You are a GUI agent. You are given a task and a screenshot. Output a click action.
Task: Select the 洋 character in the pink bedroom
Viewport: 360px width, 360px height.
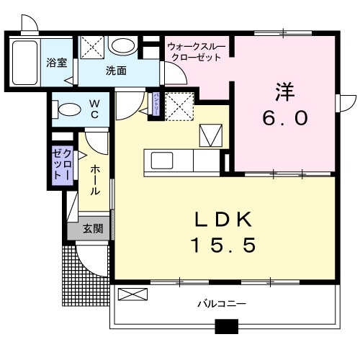pos(284,91)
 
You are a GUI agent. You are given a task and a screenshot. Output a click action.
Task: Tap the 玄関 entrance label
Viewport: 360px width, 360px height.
pos(92,229)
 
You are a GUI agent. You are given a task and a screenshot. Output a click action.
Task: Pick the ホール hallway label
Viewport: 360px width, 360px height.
pos(95,180)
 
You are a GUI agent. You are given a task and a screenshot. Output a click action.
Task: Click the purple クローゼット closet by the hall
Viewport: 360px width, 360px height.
pos(62,167)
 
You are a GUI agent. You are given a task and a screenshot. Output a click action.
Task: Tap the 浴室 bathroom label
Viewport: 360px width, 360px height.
pos(57,63)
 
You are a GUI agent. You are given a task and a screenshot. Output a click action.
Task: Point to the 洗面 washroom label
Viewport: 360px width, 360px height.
pos(116,71)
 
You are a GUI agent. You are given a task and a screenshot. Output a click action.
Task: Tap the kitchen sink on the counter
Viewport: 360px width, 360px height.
pos(159,159)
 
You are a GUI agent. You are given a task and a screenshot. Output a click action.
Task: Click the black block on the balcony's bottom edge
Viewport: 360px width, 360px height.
pos(227,329)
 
